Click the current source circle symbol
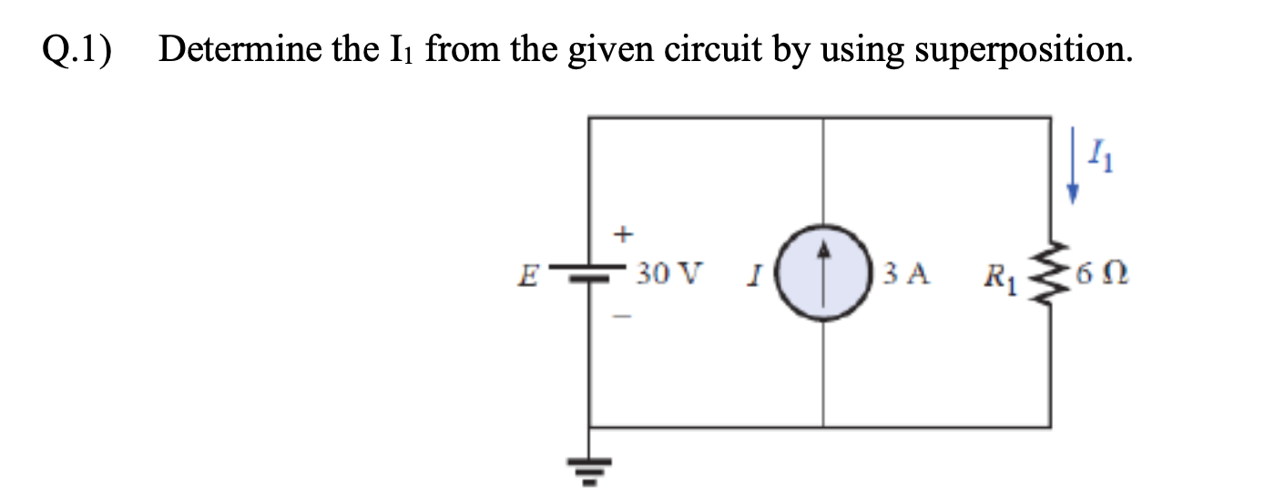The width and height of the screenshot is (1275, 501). tap(823, 272)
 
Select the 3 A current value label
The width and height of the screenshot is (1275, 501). tap(905, 272)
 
